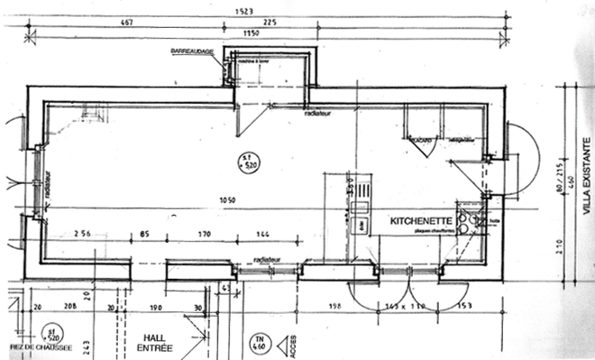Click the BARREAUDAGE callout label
click(x=191, y=52)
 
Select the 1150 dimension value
click(x=252, y=33)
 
